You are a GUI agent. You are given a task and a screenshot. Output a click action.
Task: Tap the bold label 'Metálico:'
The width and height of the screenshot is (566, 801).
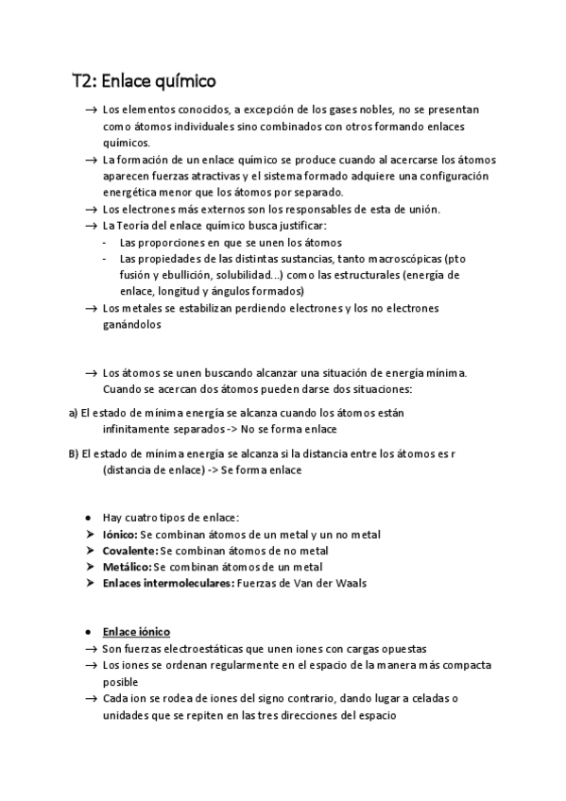[x=126, y=567]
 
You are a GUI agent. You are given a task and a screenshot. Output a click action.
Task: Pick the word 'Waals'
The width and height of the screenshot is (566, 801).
[x=348, y=583]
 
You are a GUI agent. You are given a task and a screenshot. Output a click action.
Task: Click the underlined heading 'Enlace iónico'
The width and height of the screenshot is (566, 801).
[x=136, y=632]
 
